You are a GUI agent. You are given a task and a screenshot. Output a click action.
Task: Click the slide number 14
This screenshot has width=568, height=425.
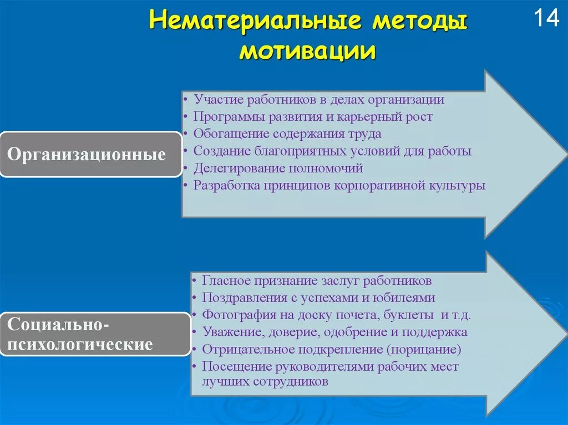pos(546,19)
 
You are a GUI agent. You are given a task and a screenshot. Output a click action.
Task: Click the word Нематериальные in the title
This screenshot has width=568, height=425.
pos(255,23)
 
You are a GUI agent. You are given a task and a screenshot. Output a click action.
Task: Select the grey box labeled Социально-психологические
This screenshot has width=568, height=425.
pos(95,334)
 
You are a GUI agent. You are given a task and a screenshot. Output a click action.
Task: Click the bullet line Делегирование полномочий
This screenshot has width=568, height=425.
pos(278,168)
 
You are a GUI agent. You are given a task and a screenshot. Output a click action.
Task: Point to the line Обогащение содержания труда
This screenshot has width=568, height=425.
pos(287,134)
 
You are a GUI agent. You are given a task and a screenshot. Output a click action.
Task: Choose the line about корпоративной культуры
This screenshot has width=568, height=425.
pos(339,185)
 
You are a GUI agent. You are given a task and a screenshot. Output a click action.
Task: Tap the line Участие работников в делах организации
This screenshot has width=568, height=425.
pos(319,100)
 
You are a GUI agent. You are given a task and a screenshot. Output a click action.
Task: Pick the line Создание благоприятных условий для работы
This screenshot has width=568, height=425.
pos(332,151)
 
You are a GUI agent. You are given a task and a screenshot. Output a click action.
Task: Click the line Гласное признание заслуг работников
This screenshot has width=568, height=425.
pos(317,280)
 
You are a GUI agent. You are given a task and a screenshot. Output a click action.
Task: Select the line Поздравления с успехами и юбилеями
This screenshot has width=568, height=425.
pos(318,298)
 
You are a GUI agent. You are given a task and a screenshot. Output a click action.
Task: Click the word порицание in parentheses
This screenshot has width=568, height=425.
pos(424,350)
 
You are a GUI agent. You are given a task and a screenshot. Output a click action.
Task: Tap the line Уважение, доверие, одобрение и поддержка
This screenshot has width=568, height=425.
pos(334,332)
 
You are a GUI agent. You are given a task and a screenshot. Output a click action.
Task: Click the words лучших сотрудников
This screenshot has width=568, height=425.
pos(266,381)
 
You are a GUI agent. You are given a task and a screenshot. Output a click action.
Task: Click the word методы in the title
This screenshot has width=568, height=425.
pos(419,23)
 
